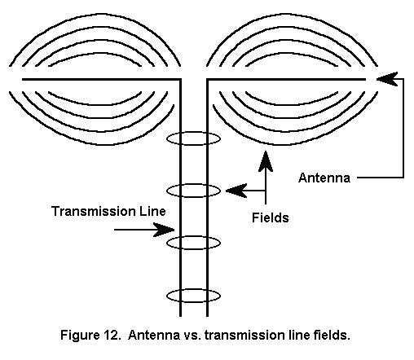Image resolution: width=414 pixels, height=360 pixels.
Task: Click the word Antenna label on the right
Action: [324, 178]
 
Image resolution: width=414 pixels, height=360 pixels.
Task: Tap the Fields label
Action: [271, 217]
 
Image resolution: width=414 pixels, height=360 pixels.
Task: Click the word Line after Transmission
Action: [152, 211]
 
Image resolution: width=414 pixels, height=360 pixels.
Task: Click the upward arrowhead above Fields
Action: [266, 161]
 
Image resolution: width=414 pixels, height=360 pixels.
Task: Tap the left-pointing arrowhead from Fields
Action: [236, 191]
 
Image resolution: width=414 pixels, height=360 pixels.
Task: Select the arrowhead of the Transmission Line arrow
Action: [164, 230]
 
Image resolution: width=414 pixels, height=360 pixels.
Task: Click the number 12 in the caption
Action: [112, 335]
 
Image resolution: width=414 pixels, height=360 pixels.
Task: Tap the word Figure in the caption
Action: [80, 335]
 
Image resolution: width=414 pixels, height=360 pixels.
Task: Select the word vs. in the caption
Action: [192, 335]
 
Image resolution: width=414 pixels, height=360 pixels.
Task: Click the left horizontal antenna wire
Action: [101, 79]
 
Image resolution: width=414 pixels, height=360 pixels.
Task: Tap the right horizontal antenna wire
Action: [286, 79]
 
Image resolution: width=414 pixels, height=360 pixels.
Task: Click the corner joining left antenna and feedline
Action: [180, 79]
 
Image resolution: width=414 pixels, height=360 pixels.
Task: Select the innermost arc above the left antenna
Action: [95, 54]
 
